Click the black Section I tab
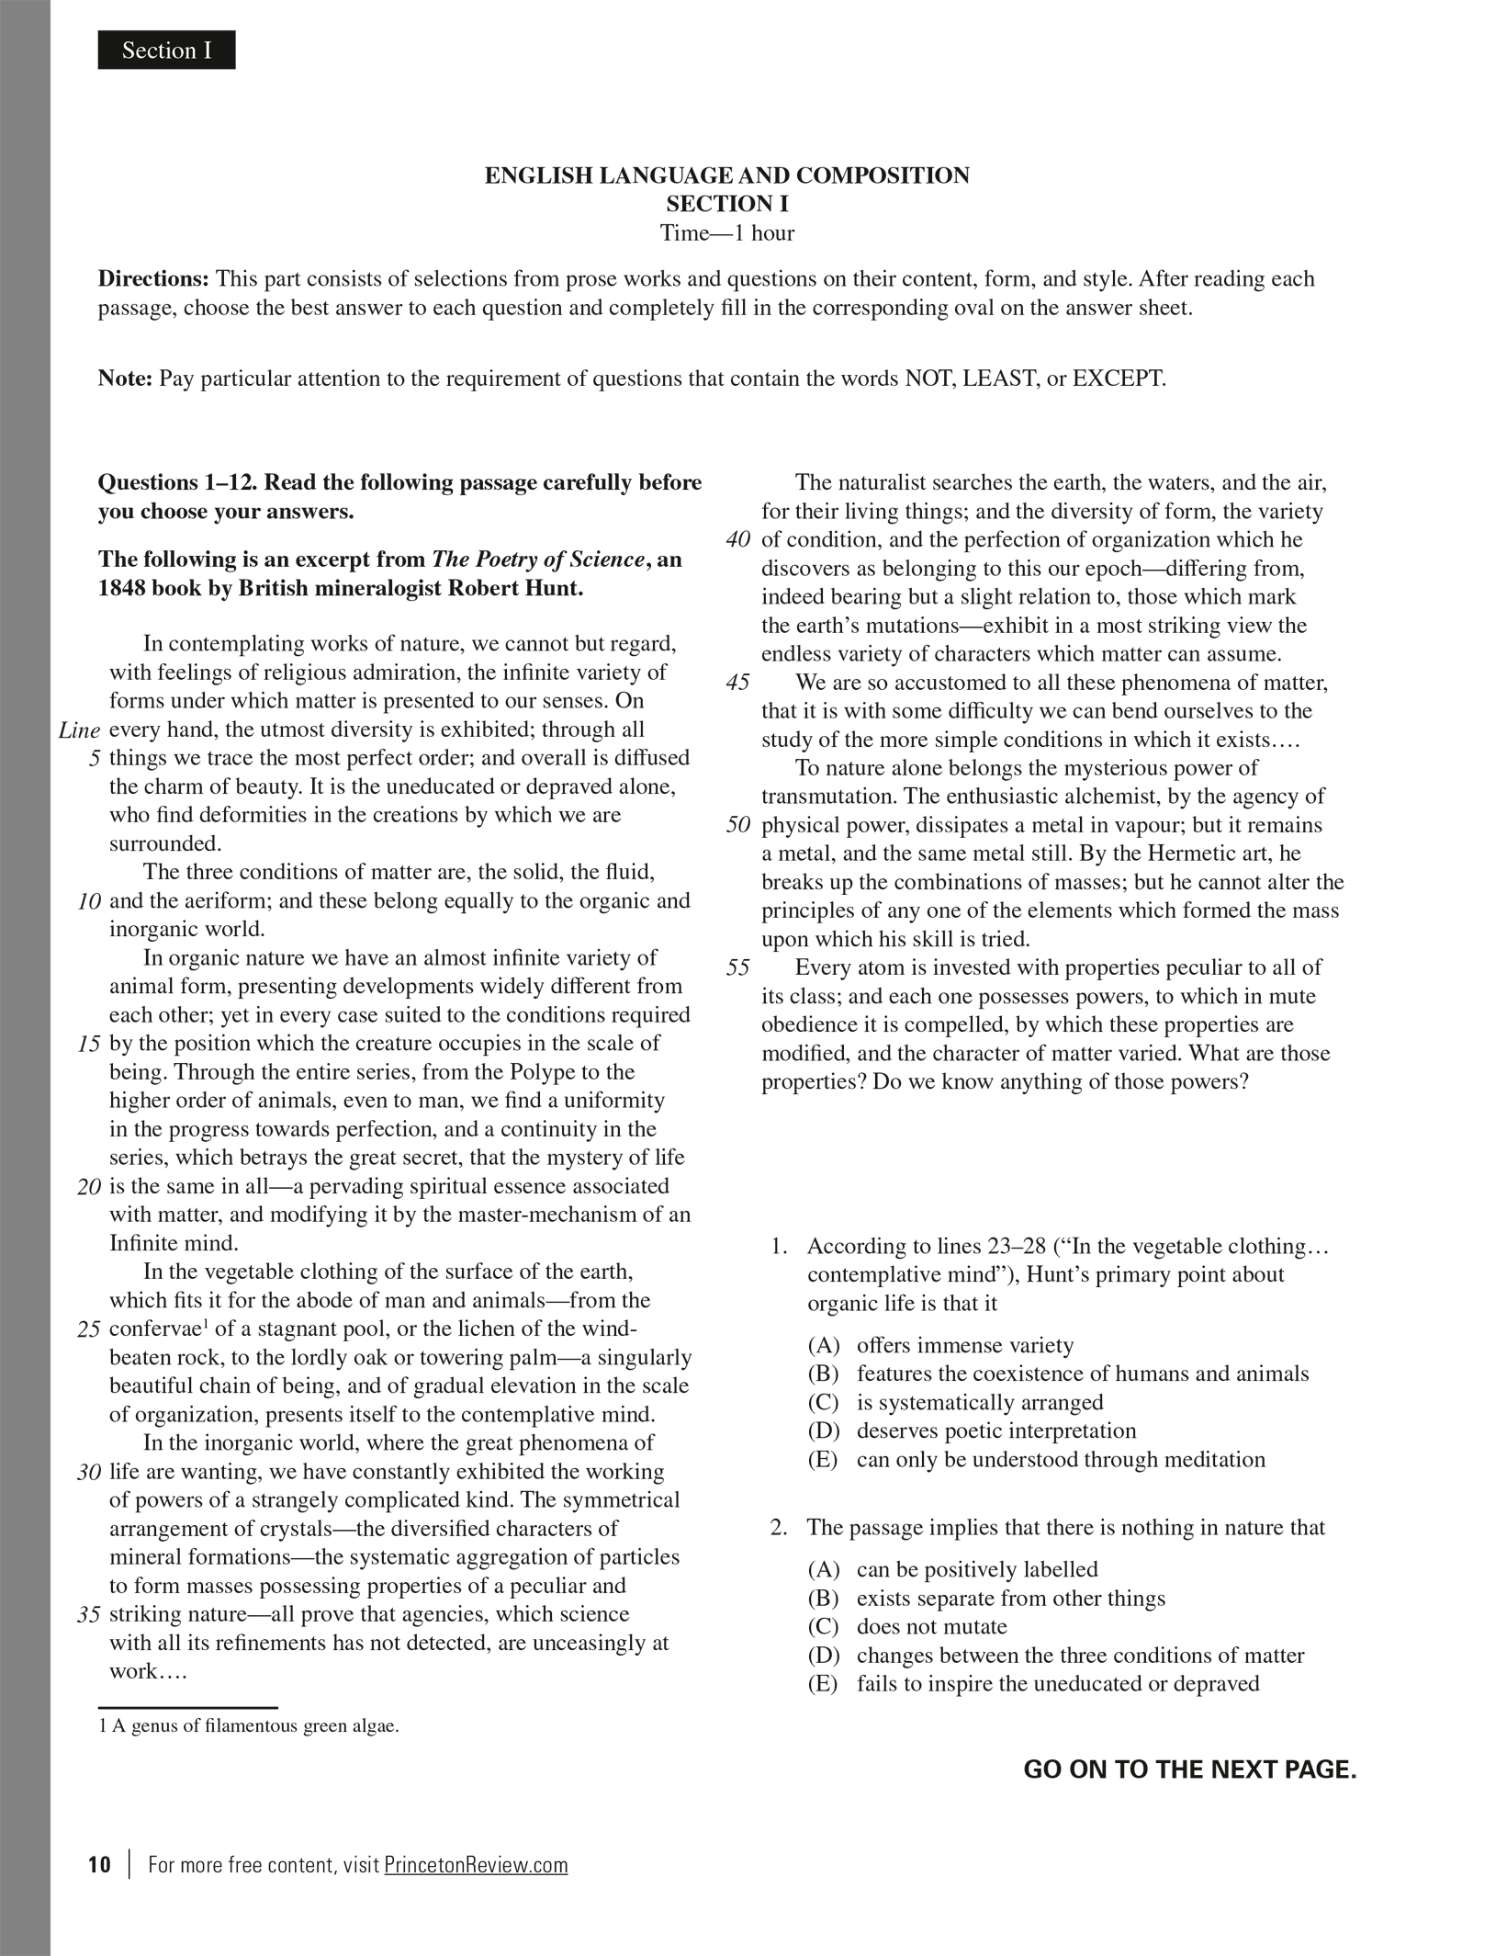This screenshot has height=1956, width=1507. [166, 51]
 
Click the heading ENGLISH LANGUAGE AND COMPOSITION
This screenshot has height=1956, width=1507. [726, 175]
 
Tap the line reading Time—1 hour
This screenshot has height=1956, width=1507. [726, 233]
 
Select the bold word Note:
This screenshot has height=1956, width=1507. [125, 379]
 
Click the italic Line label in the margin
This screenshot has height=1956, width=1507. [79, 730]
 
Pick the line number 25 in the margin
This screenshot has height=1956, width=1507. [89, 1329]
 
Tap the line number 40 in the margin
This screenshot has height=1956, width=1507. [738, 540]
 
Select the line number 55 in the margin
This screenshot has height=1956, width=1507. [738, 967]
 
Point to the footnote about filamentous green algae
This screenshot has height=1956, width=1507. [249, 1725]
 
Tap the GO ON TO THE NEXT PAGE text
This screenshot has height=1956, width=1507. [1189, 1769]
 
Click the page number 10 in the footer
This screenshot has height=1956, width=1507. [99, 1865]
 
